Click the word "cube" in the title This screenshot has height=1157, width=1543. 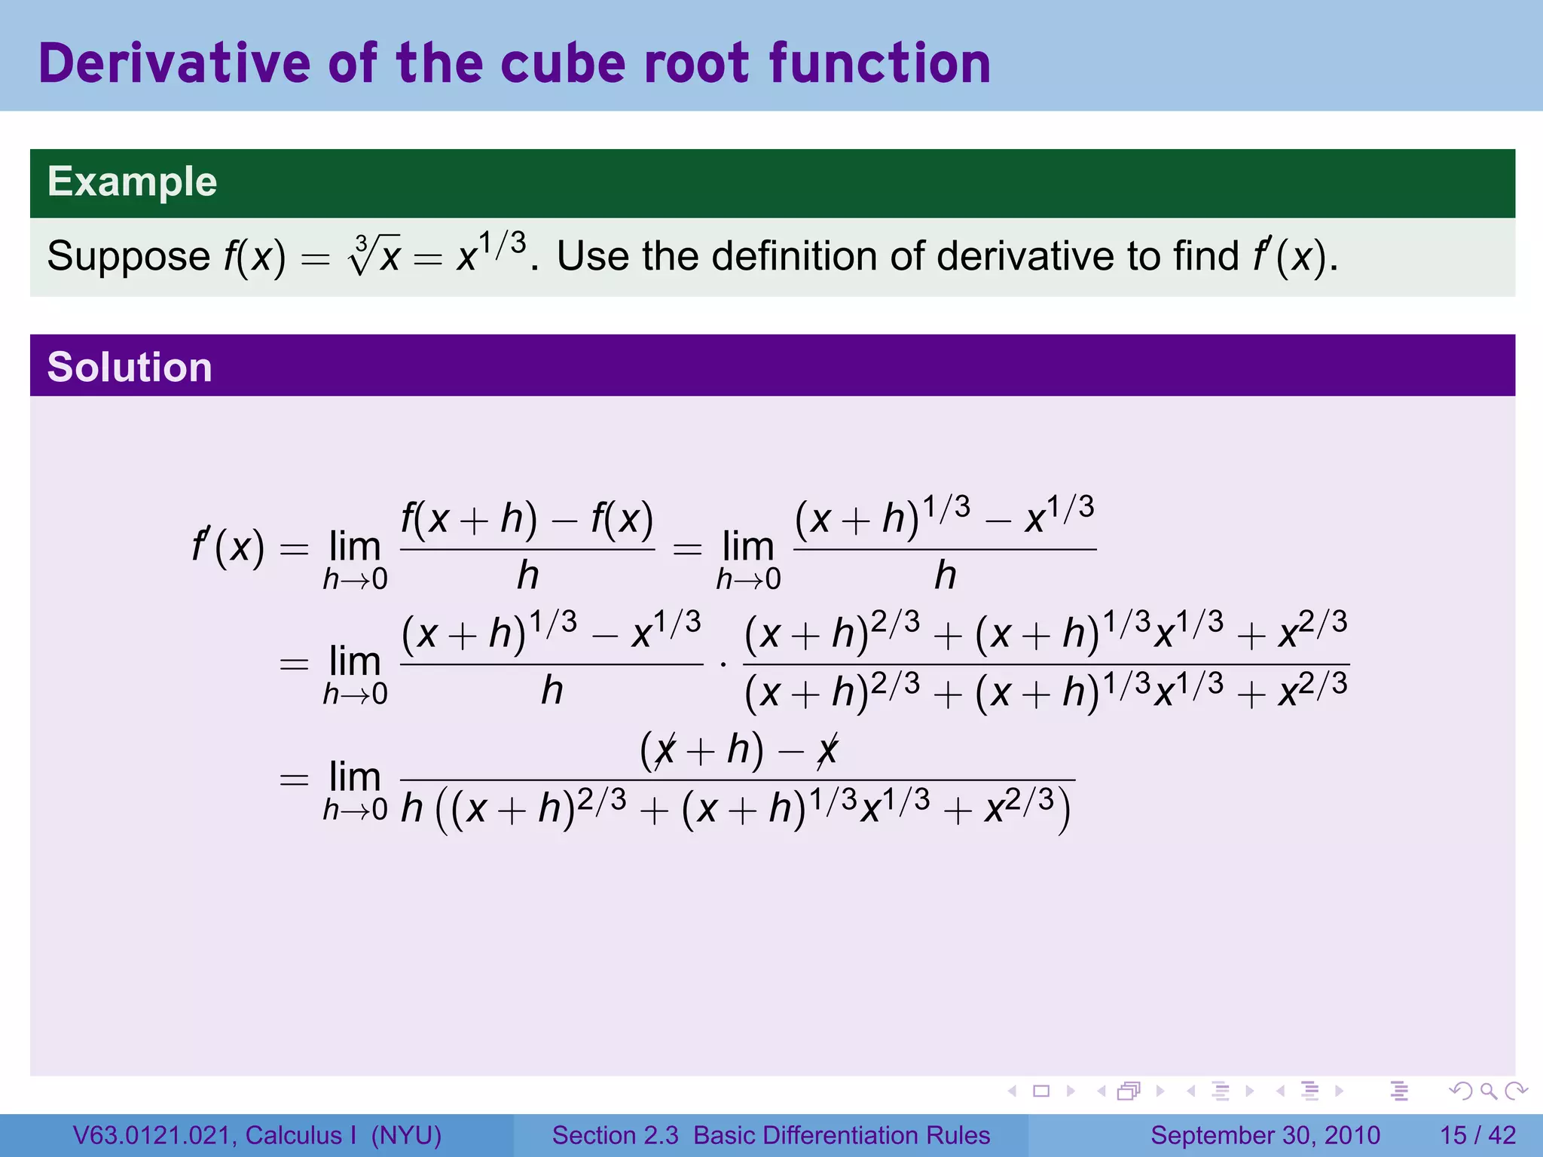pyautogui.click(x=573, y=63)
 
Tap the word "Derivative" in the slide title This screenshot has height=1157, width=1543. pyautogui.click(x=174, y=63)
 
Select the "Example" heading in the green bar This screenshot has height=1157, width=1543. pyautogui.click(x=133, y=182)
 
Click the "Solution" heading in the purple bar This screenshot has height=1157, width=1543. pyautogui.click(x=130, y=367)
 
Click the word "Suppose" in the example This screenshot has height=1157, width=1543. pyautogui.click(x=128, y=256)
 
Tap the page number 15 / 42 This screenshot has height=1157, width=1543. pyautogui.click(x=1477, y=1135)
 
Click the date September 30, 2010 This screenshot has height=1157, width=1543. pyautogui.click(x=1265, y=1135)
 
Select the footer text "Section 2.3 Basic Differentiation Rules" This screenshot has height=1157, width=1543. pyautogui.click(x=771, y=1135)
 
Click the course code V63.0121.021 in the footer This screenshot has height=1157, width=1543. pyautogui.click(x=153, y=1135)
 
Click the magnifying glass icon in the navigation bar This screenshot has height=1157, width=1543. pyautogui.click(x=1488, y=1091)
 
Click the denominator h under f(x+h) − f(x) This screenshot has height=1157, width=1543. pyautogui.click(x=527, y=576)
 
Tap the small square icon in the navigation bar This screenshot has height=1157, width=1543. pyautogui.click(x=1041, y=1091)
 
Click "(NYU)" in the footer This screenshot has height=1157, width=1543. pyautogui.click(x=406, y=1135)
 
